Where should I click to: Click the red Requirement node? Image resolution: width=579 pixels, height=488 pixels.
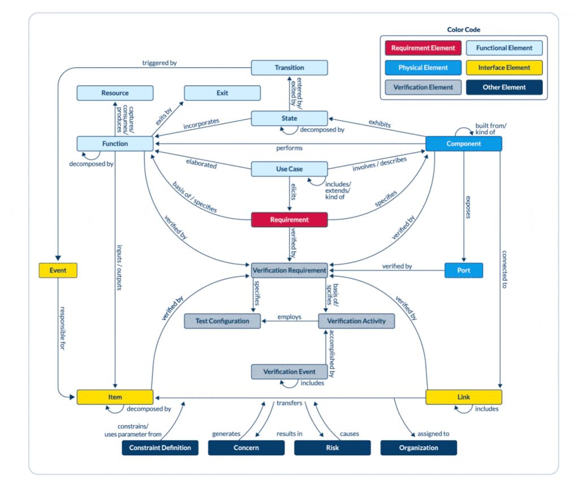click(289, 220)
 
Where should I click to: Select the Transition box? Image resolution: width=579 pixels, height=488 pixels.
click(289, 68)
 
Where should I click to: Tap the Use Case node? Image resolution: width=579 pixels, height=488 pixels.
click(289, 169)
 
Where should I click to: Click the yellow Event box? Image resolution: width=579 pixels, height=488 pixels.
click(58, 270)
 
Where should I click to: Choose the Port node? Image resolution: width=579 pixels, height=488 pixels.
click(464, 270)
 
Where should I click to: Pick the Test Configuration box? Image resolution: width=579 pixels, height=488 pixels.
click(222, 321)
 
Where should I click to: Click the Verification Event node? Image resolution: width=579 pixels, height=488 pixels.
click(289, 372)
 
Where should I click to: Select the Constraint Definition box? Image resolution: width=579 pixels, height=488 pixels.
click(160, 448)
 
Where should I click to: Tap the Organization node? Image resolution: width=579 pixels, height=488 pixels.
click(418, 448)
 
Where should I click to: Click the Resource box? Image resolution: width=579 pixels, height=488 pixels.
click(115, 93)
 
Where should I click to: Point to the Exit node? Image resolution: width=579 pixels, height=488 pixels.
click(222, 93)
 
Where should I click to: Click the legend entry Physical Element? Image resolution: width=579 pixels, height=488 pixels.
click(423, 68)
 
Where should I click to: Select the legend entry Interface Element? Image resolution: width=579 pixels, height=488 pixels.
click(504, 68)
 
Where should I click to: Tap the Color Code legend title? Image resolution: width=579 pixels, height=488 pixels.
click(464, 30)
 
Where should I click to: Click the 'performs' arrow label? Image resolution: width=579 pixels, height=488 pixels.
click(289, 148)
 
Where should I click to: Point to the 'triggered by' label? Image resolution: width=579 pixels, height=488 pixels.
click(155, 63)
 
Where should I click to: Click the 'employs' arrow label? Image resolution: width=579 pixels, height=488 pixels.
click(289, 317)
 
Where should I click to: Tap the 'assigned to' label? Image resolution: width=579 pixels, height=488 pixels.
click(433, 434)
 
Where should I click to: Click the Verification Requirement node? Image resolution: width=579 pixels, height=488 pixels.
click(289, 270)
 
